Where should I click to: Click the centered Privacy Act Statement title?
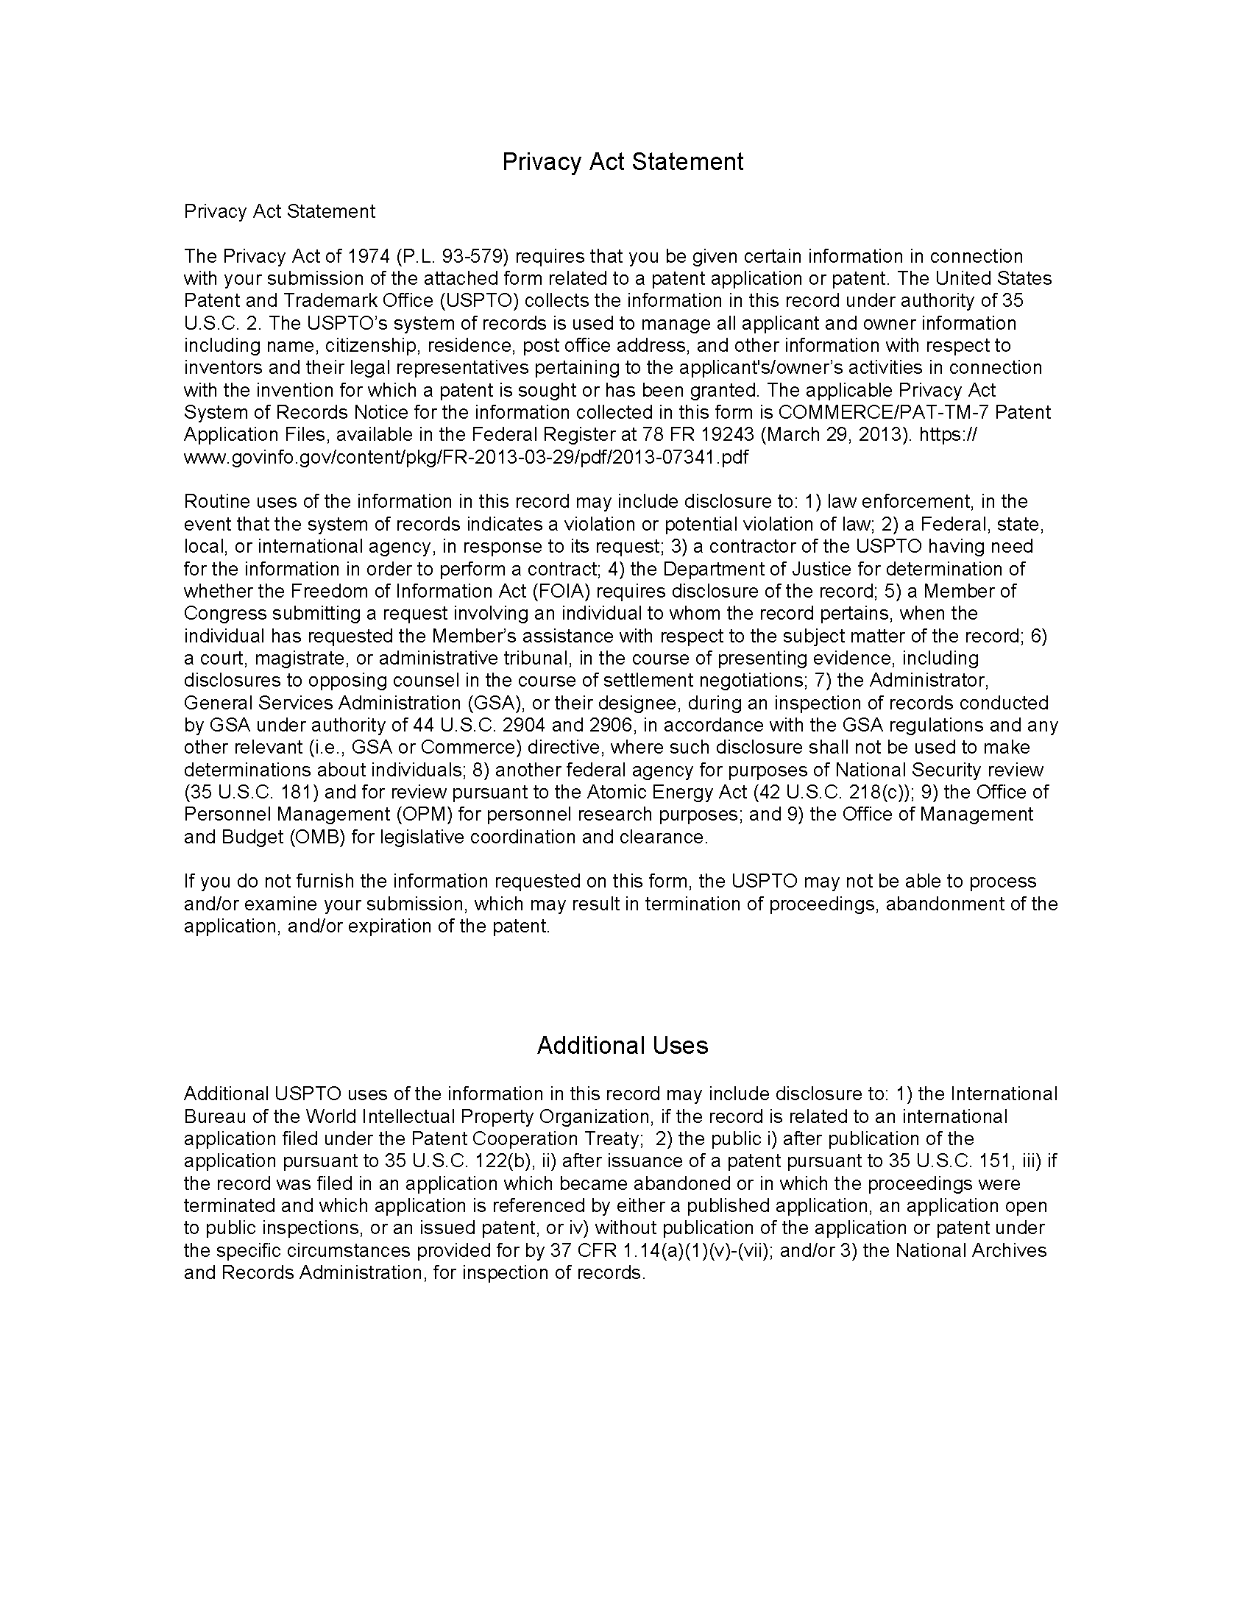pyautogui.click(x=623, y=162)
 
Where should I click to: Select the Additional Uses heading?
pyautogui.click(x=623, y=1045)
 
